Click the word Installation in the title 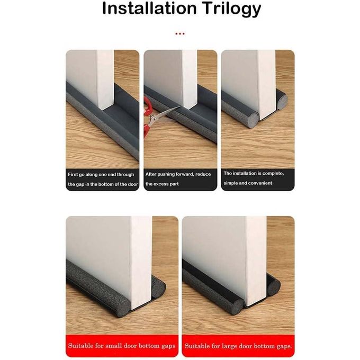point(149,8)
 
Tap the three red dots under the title point(180,34)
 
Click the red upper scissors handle point(147,105)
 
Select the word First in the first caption point(73,175)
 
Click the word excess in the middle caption point(161,184)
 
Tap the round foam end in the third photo point(252,120)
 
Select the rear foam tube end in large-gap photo point(274,287)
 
